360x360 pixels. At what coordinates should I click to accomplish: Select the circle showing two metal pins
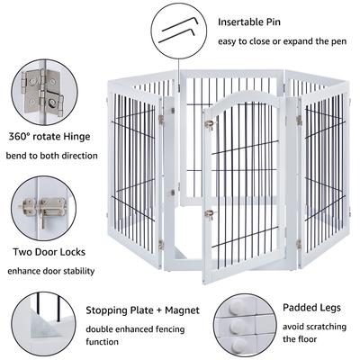tap(178, 31)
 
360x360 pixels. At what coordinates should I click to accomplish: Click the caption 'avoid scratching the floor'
tap(312, 332)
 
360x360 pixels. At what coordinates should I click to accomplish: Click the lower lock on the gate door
tap(208, 214)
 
